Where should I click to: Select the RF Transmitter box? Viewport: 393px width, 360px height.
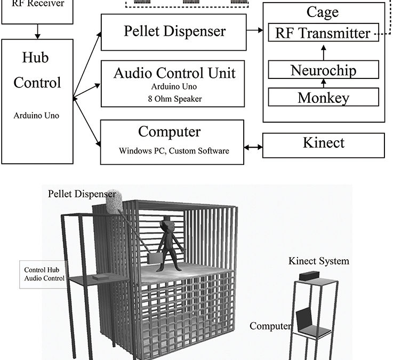(322, 33)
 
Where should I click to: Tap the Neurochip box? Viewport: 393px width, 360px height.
(323, 70)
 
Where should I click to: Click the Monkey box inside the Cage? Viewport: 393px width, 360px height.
(323, 98)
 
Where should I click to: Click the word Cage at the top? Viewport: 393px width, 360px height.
(323, 12)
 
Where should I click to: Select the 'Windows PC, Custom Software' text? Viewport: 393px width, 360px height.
(174, 151)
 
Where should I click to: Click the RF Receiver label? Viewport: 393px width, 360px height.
(38, 4)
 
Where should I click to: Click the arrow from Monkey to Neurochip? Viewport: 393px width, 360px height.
(323, 84)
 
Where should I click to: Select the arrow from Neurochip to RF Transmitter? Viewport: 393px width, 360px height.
(323, 52)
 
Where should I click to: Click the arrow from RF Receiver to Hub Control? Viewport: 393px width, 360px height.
(37, 31)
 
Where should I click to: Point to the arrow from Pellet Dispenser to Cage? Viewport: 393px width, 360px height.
(255, 31)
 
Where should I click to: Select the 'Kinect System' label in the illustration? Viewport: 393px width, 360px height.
(319, 261)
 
